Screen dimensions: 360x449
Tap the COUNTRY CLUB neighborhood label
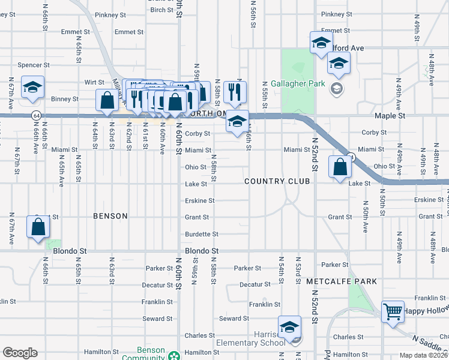click(x=277, y=181)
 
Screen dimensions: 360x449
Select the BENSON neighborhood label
click(x=110, y=216)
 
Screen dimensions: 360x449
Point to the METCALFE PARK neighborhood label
click(x=341, y=281)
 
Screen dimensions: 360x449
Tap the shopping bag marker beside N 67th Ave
click(x=38, y=228)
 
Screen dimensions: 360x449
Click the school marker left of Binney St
click(x=32, y=88)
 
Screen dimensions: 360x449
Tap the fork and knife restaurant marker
click(x=234, y=92)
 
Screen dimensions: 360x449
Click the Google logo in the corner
click(x=20, y=353)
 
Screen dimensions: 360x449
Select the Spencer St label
click(x=34, y=65)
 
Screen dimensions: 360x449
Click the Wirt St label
click(x=94, y=82)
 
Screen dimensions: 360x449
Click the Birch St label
click(x=161, y=10)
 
